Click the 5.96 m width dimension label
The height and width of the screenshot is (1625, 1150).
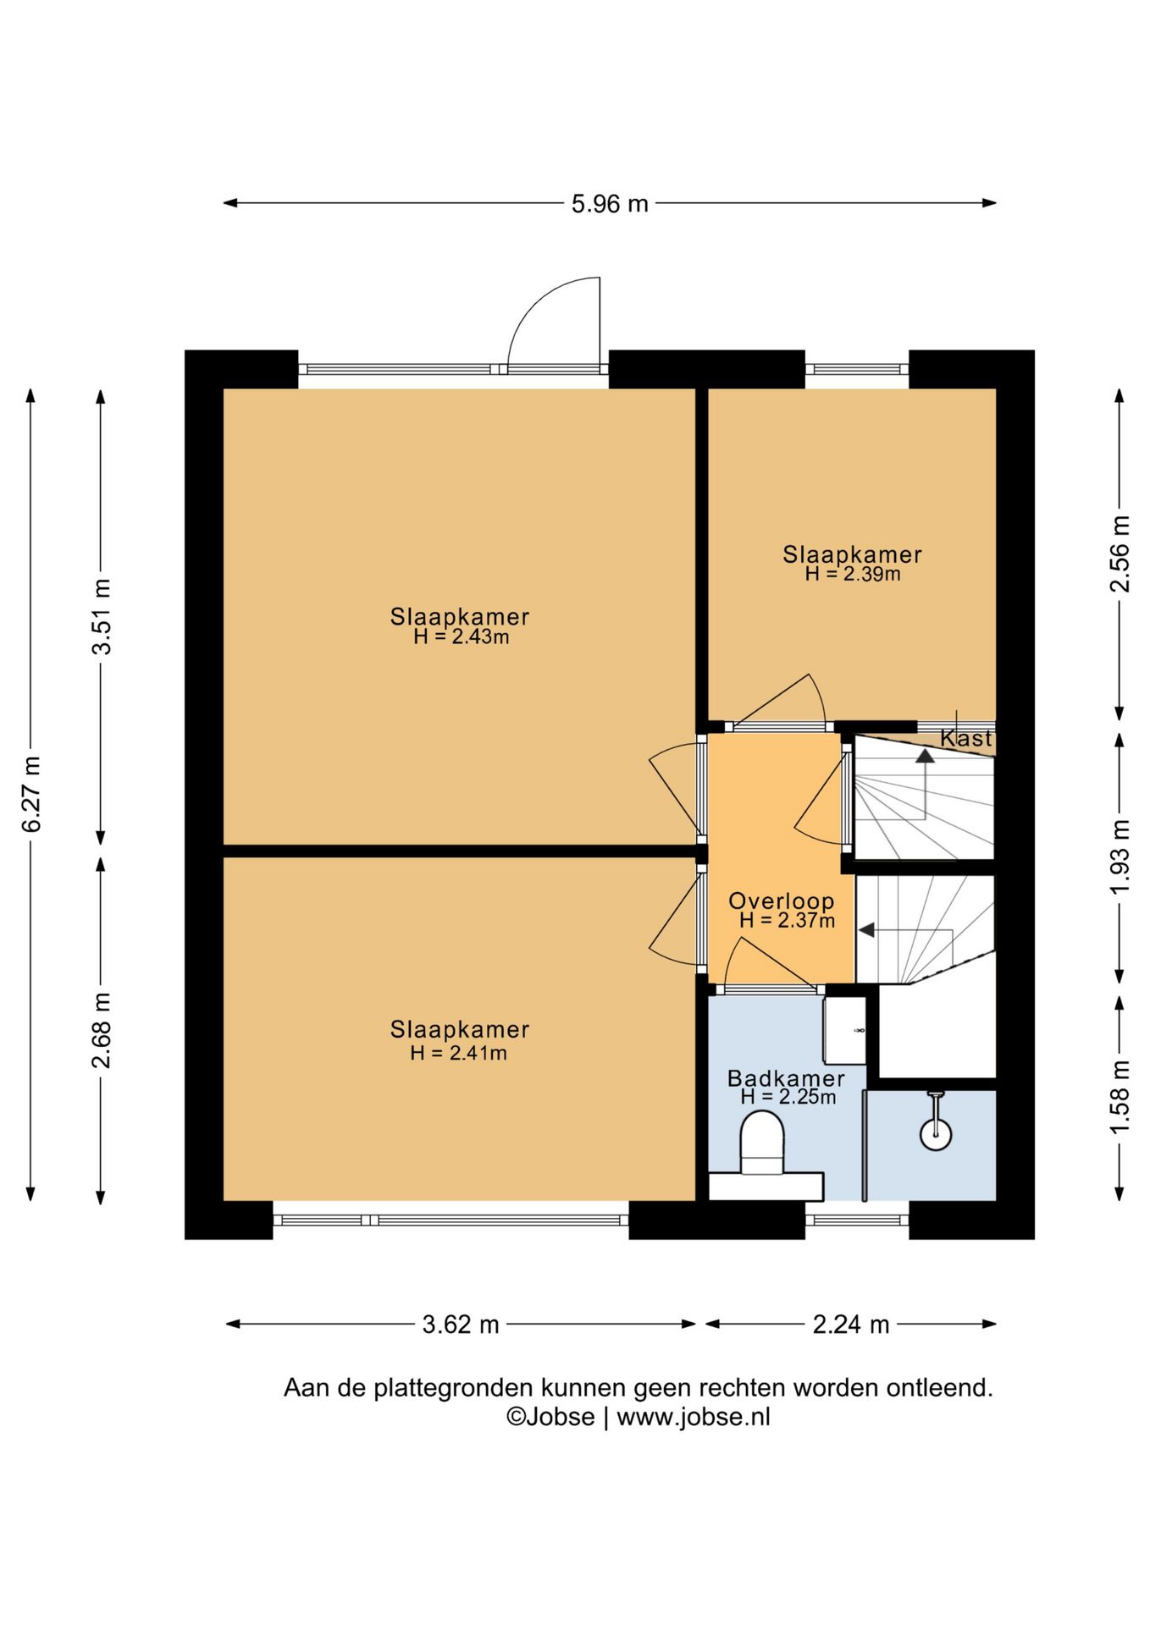(610, 204)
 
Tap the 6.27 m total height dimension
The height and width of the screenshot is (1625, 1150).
(31, 794)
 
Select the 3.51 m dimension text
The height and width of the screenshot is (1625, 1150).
(102, 616)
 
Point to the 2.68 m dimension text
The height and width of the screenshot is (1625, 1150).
(102, 1030)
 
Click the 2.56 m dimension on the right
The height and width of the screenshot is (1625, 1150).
(1120, 554)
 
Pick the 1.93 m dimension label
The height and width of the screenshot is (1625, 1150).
(1120, 856)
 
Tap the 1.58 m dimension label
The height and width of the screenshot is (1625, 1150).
(1120, 1097)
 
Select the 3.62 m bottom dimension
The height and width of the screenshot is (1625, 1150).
(461, 1325)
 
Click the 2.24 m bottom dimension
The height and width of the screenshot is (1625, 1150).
(851, 1325)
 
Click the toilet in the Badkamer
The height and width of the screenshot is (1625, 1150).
(761, 1143)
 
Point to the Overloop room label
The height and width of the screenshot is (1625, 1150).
(782, 901)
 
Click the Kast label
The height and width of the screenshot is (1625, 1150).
(965, 738)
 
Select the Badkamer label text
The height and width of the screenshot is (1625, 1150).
(786, 1078)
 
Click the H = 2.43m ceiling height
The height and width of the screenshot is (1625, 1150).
(462, 637)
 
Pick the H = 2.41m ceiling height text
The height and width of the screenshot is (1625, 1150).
(459, 1053)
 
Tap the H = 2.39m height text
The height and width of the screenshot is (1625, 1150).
(853, 574)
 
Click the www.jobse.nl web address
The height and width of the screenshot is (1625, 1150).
(694, 1417)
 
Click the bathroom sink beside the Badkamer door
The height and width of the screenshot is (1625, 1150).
(845, 1031)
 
